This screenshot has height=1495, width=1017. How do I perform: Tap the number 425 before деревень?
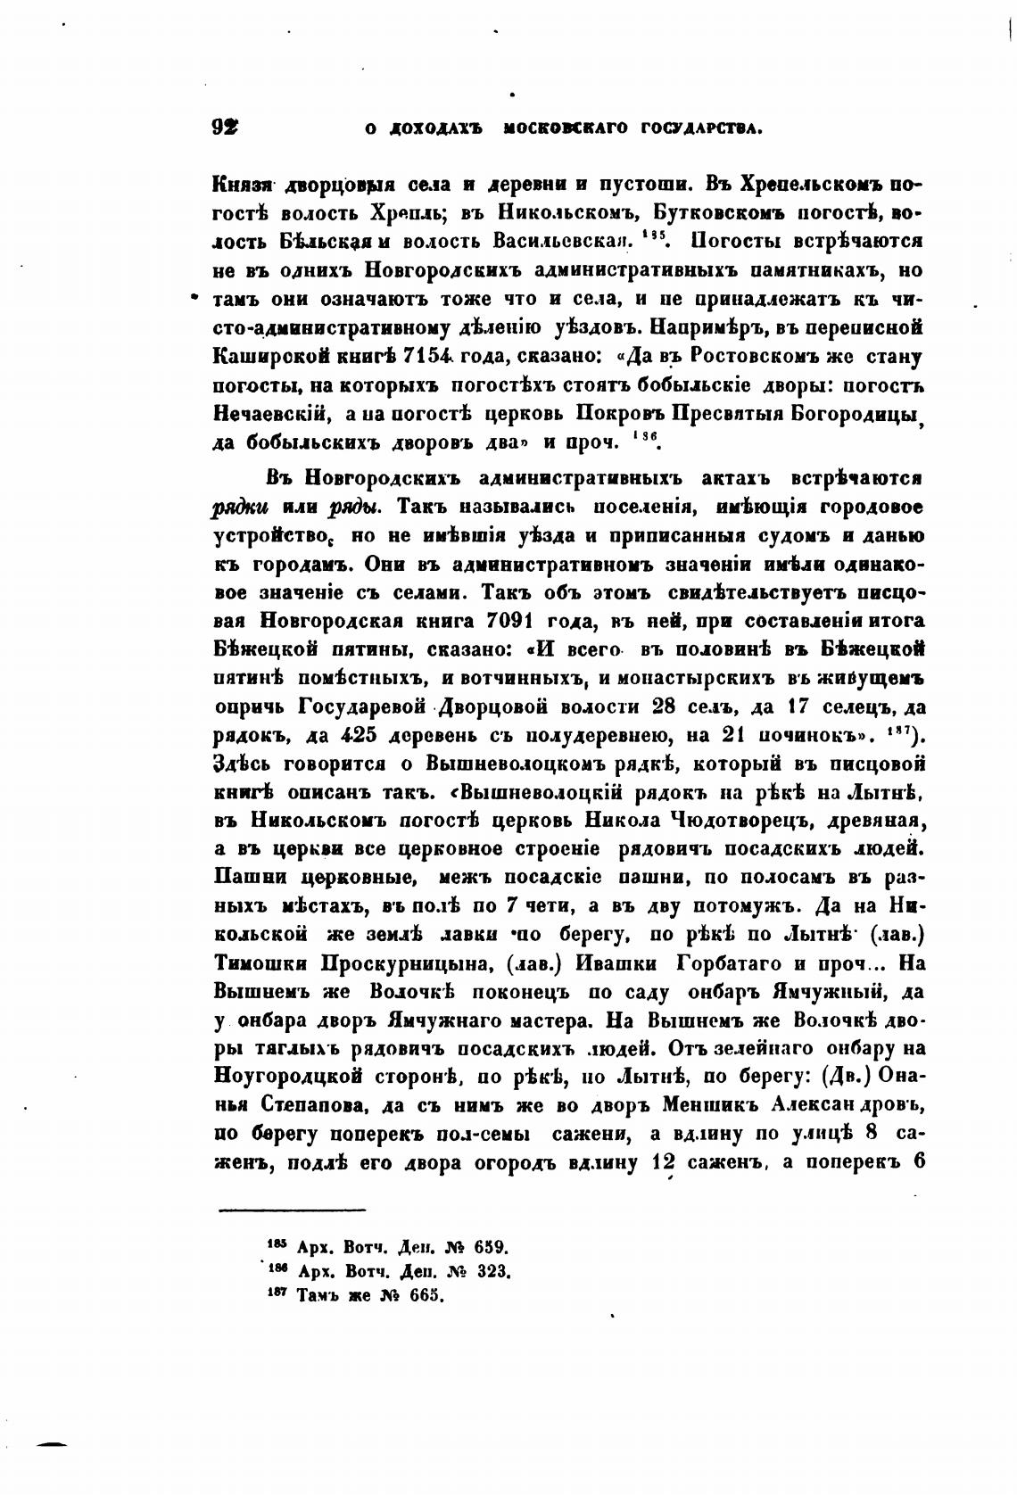pyautogui.click(x=366, y=735)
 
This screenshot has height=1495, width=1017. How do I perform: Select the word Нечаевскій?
pyautogui.click(x=272, y=414)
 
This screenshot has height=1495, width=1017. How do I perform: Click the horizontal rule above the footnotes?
pyautogui.click(x=292, y=1210)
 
